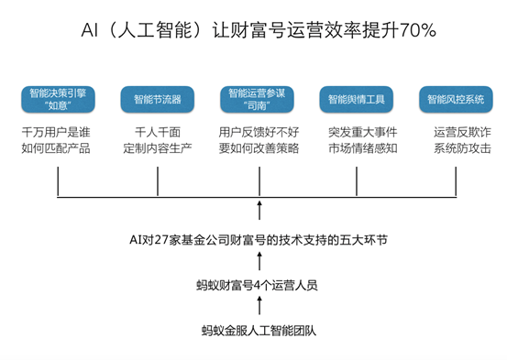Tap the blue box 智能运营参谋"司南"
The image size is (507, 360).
259,98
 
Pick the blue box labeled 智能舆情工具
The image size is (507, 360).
357,98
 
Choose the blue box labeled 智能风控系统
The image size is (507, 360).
456,98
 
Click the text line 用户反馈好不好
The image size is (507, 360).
259,132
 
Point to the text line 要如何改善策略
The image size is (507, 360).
259,148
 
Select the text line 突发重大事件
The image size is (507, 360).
358,132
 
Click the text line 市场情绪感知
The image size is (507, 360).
358,148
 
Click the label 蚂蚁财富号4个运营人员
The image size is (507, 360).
258,285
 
